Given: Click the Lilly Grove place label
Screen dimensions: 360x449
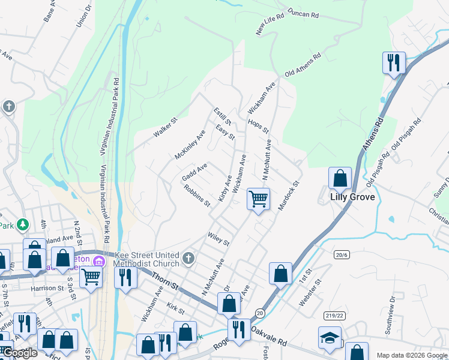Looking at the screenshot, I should click(352, 197).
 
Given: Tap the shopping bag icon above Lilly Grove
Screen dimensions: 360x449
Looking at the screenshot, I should click(340, 178).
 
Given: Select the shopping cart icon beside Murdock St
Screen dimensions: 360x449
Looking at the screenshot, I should click(258, 199).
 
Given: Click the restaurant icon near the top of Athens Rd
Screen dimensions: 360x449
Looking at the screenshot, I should click(394, 62).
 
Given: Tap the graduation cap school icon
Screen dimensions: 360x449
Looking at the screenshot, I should click(330, 337).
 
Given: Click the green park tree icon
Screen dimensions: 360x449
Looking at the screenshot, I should click(23, 224).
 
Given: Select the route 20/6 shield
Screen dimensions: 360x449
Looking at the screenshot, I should click(342, 255).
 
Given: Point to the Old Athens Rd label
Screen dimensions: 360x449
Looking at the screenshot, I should click(303, 64).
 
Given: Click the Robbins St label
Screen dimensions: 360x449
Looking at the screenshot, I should click(197, 195).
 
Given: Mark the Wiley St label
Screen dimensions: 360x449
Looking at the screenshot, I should click(218, 239).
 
